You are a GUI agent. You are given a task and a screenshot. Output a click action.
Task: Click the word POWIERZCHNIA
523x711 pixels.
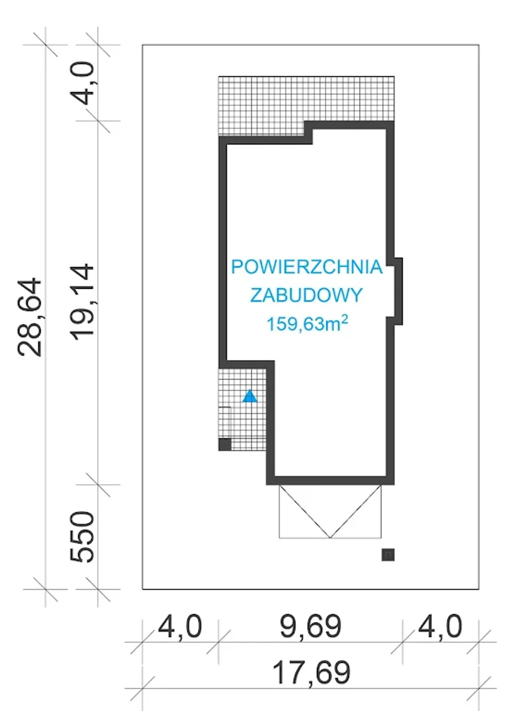click(307, 267)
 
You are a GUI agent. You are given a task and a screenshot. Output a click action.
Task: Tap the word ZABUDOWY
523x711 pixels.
click(306, 295)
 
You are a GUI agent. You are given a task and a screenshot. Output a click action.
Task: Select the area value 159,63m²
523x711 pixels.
click(307, 324)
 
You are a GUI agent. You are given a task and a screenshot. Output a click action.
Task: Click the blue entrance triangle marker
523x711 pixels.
click(250, 396)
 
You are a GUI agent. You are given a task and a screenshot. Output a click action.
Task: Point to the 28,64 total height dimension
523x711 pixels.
click(30, 317)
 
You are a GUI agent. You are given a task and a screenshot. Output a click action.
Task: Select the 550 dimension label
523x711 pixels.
click(83, 536)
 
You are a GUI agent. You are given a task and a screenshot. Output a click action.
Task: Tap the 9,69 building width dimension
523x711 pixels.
click(311, 626)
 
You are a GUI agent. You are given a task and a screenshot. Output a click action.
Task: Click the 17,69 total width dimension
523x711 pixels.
click(311, 673)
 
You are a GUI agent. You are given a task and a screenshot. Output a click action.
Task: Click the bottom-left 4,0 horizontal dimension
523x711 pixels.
click(180, 626)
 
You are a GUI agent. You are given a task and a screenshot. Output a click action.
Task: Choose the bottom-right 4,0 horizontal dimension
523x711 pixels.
click(440, 626)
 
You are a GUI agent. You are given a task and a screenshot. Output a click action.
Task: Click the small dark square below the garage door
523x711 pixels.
click(388, 554)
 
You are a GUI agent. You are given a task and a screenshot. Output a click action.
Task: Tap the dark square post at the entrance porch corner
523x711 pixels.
click(225, 444)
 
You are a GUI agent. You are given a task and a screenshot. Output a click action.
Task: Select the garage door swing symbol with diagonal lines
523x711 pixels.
click(330, 511)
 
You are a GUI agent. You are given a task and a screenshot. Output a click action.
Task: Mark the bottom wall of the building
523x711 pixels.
click(330, 481)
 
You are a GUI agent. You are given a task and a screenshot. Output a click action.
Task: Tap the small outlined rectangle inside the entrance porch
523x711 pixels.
click(225, 423)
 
